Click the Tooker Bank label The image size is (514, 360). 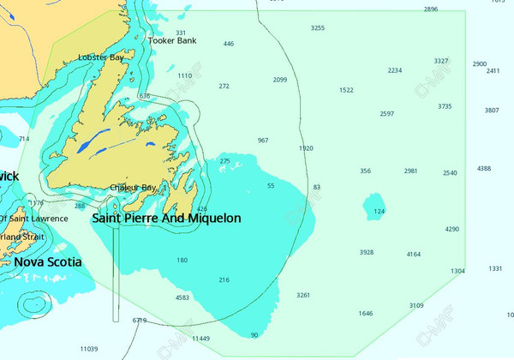(172, 40)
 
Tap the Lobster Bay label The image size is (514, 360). (101, 57)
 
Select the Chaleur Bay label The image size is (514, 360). (133, 188)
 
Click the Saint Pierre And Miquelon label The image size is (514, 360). (166, 219)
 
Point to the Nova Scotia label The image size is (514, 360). (48, 261)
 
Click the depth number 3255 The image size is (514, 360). (318, 28)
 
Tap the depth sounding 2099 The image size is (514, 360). (280, 80)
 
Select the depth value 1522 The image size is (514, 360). (346, 90)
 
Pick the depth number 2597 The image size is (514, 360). (387, 114)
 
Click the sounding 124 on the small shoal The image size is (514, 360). (380, 211)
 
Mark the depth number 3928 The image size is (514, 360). (367, 252)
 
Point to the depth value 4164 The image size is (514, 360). (414, 254)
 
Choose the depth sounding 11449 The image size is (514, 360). (200, 339)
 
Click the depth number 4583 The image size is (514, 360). (182, 297)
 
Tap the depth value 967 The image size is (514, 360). (263, 141)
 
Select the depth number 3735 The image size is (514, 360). (445, 106)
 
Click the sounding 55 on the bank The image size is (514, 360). (271, 185)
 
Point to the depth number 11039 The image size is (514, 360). (88, 349)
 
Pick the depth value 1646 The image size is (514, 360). (366, 314)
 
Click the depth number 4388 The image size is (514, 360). (484, 169)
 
